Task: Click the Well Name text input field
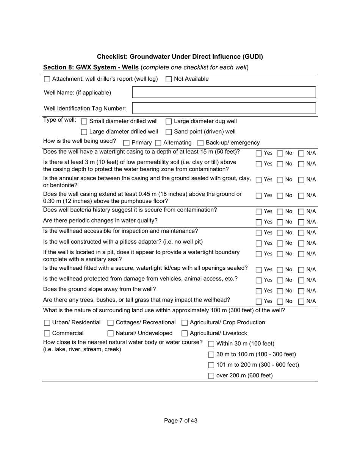[224, 92]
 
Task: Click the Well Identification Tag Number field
[224, 108]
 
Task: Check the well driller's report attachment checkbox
[47, 79]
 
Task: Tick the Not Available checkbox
[169, 79]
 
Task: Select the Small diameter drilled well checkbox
[84, 122]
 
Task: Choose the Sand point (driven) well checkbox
[169, 132]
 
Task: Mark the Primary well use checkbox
[127, 143]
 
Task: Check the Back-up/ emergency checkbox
[201, 143]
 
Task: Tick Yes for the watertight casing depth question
[258, 153]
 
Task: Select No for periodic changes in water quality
[280, 222]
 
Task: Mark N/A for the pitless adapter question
[301, 243]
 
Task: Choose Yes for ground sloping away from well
[258, 291]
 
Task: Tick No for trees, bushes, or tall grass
[280, 302]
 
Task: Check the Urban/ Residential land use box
[47, 323]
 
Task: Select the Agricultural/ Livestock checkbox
[185, 333]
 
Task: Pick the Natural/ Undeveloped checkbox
[111, 333]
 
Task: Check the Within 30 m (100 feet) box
[211, 344]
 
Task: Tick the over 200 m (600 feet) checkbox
[211, 376]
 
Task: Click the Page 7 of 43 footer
[180, 421]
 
